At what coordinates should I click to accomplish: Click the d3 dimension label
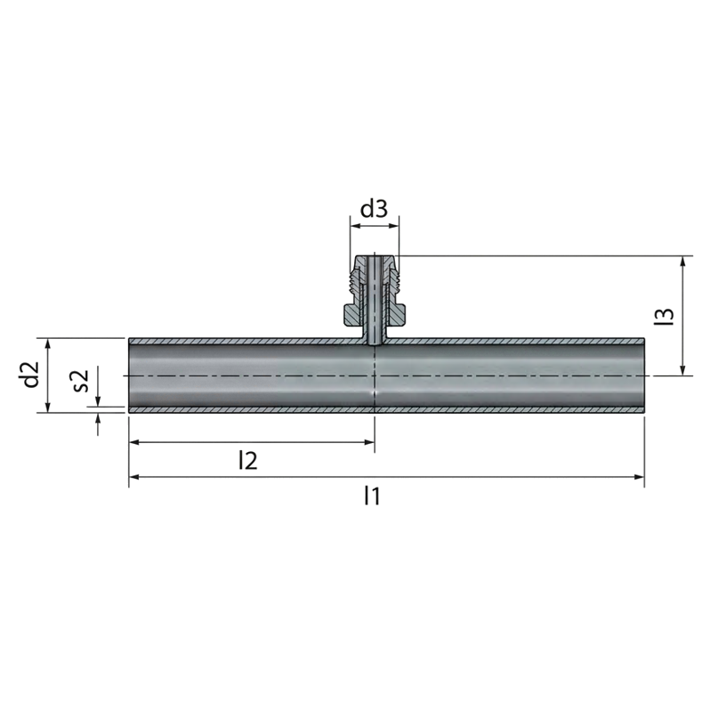click(374, 209)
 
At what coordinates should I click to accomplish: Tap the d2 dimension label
click(31, 375)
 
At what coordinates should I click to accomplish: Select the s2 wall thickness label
click(81, 381)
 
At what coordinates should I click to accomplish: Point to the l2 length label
click(248, 461)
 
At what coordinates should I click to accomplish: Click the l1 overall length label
click(372, 496)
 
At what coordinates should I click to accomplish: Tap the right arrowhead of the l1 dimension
click(640, 477)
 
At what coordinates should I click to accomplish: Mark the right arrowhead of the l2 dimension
click(370, 442)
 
